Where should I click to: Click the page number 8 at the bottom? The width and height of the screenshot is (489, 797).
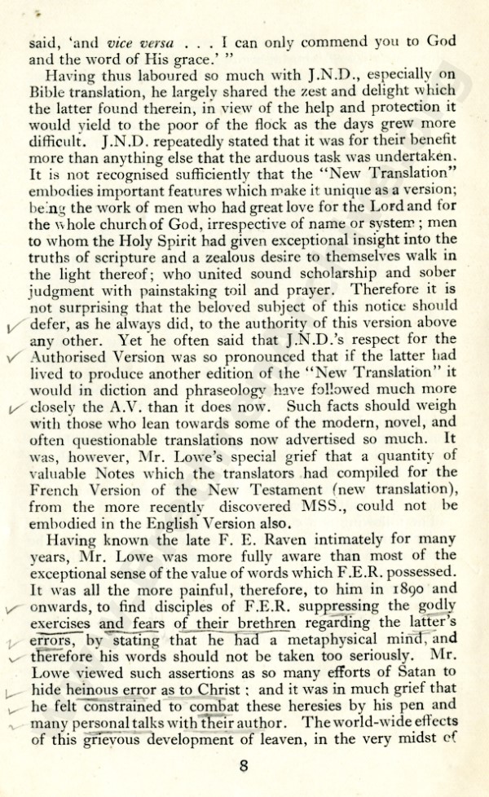pyautogui.click(x=244, y=766)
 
